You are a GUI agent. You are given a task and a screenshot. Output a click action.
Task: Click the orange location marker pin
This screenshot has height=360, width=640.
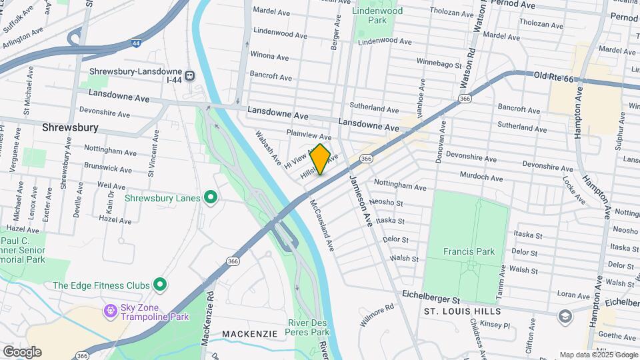pyautogui.click(x=320, y=159)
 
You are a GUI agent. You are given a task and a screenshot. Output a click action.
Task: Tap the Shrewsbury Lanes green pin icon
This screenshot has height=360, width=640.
pyautogui.click(x=211, y=197)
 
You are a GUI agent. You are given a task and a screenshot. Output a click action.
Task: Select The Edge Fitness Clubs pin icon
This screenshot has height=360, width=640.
pyautogui.click(x=159, y=285)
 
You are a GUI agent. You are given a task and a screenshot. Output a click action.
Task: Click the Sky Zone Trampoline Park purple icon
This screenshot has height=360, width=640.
pyautogui.click(x=109, y=311)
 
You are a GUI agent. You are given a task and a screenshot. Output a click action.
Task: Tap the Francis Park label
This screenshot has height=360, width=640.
pyautogui.click(x=469, y=251)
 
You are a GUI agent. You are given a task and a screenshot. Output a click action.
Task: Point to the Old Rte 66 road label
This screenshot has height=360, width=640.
pyautogui.click(x=554, y=78)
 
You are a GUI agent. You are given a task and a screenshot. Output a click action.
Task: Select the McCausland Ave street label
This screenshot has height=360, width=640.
pyautogui.click(x=321, y=224)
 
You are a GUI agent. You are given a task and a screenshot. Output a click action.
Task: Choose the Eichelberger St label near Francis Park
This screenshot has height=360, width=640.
pyautogui.click(x=431, y=293)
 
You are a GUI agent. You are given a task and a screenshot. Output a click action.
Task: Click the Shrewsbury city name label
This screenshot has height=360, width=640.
pyautogui.click(x=70, y=127)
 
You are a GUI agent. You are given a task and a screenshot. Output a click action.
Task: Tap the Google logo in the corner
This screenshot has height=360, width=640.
pyautogui.click(x=22, y=351)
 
